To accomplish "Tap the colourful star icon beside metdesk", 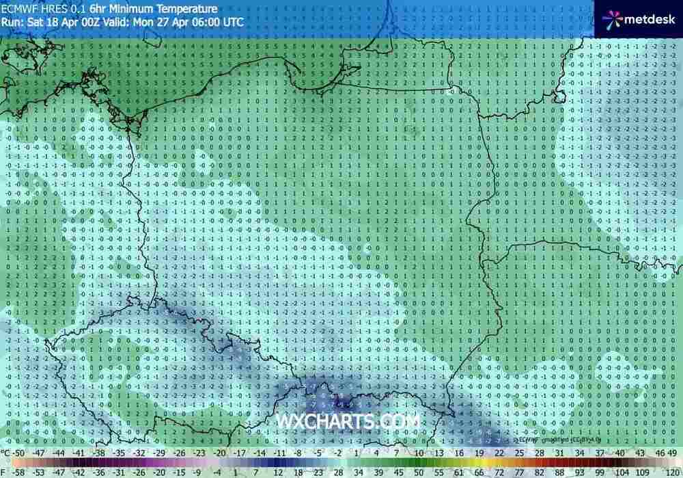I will point(613,19).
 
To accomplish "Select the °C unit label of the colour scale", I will point(6,453).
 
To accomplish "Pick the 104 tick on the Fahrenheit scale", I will point(622,472).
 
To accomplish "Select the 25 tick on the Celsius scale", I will point(499,453).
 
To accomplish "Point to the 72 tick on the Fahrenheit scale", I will point(499,472).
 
